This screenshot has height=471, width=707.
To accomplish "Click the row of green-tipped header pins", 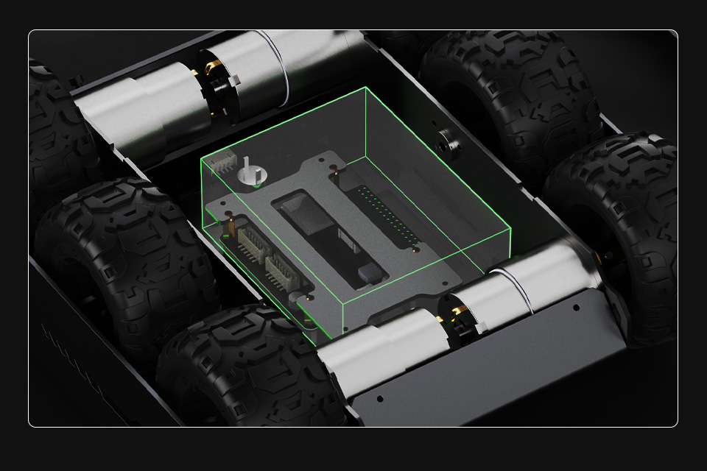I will pos(386,218).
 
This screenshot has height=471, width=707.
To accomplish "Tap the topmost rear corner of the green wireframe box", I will pos(365,88).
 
